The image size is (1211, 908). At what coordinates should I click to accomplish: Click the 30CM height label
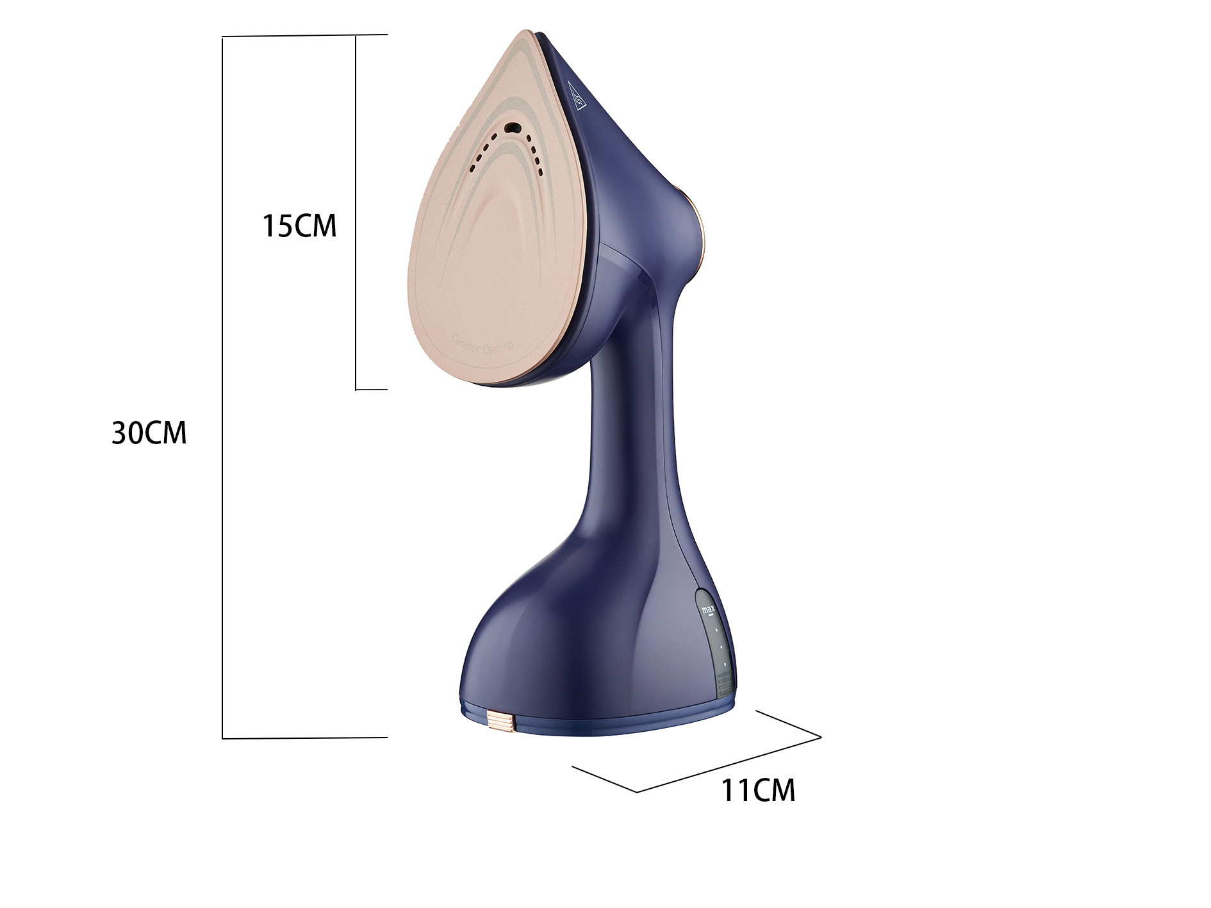pos(149,433)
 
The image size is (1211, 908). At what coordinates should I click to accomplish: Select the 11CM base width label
pos(758,790)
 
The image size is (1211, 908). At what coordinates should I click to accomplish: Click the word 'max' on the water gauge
pos(708,607)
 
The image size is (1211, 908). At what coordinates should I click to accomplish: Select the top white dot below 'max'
pos(716,631)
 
